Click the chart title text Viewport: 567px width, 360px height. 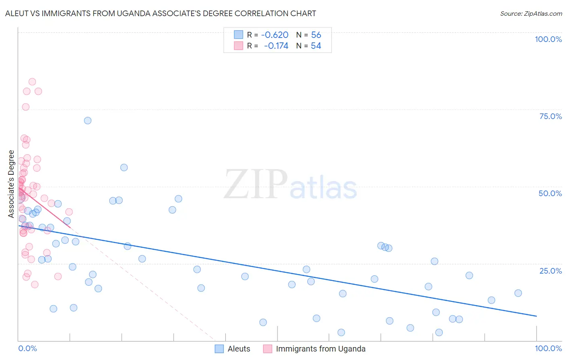161,13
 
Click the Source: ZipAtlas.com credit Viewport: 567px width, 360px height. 531,13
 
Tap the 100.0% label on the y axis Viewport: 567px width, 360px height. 548,39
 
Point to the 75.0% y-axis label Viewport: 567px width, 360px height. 550,116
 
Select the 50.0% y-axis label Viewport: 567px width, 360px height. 550,193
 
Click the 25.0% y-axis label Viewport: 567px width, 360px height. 550,271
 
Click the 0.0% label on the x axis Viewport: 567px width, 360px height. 27,348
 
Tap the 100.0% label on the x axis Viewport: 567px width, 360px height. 548,348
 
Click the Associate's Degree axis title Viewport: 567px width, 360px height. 11,184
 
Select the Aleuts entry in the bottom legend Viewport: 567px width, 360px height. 239,349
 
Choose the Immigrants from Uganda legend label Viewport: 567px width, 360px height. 321,349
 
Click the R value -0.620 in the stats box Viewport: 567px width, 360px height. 275,35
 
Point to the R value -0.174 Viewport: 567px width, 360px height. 276,46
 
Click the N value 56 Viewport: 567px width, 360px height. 316,35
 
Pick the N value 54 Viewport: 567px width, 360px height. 316,46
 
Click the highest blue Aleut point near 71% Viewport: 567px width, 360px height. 88,120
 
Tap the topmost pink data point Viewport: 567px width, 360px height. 32,82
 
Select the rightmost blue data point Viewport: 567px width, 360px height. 518,293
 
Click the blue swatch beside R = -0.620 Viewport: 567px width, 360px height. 239,35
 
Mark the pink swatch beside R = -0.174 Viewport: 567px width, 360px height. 239,46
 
